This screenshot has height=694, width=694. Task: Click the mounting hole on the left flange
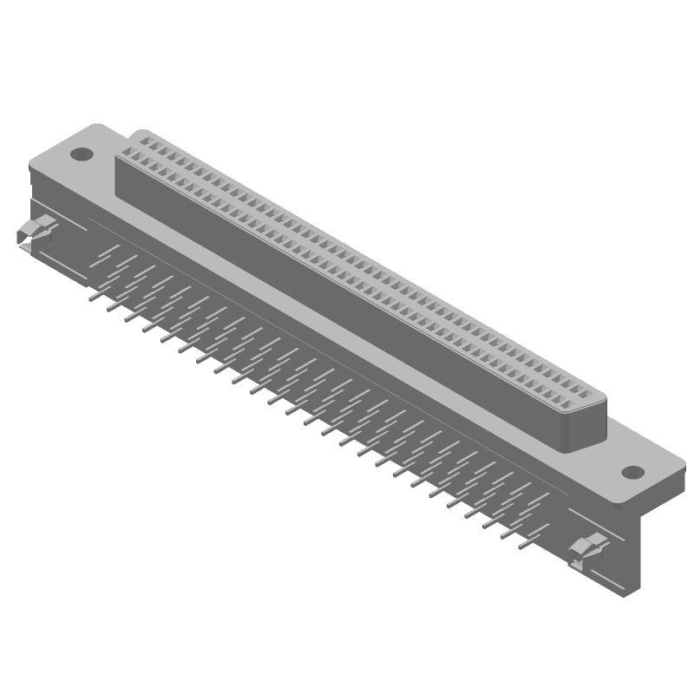point(81,155)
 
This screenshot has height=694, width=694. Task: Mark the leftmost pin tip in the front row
point(90,298)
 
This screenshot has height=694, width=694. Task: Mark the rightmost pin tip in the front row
point(520,547)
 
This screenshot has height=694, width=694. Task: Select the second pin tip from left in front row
point(108,308)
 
